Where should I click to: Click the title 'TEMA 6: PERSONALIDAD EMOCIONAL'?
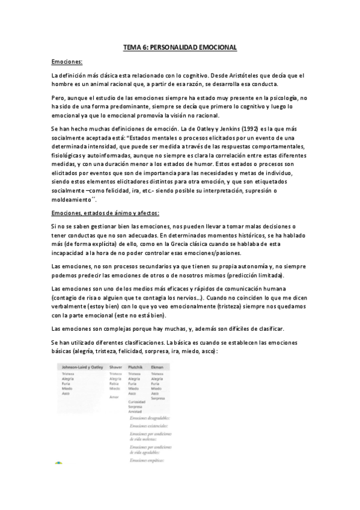coord(180,46)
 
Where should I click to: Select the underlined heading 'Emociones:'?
coord(67,61)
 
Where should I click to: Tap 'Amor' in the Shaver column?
coord(114,398)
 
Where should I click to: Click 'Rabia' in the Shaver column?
coord(114,383)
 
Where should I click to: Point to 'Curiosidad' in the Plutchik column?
coord(138,402)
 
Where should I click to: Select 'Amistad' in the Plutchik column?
coord(135,411)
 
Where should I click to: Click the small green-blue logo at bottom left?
coord(58,464)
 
